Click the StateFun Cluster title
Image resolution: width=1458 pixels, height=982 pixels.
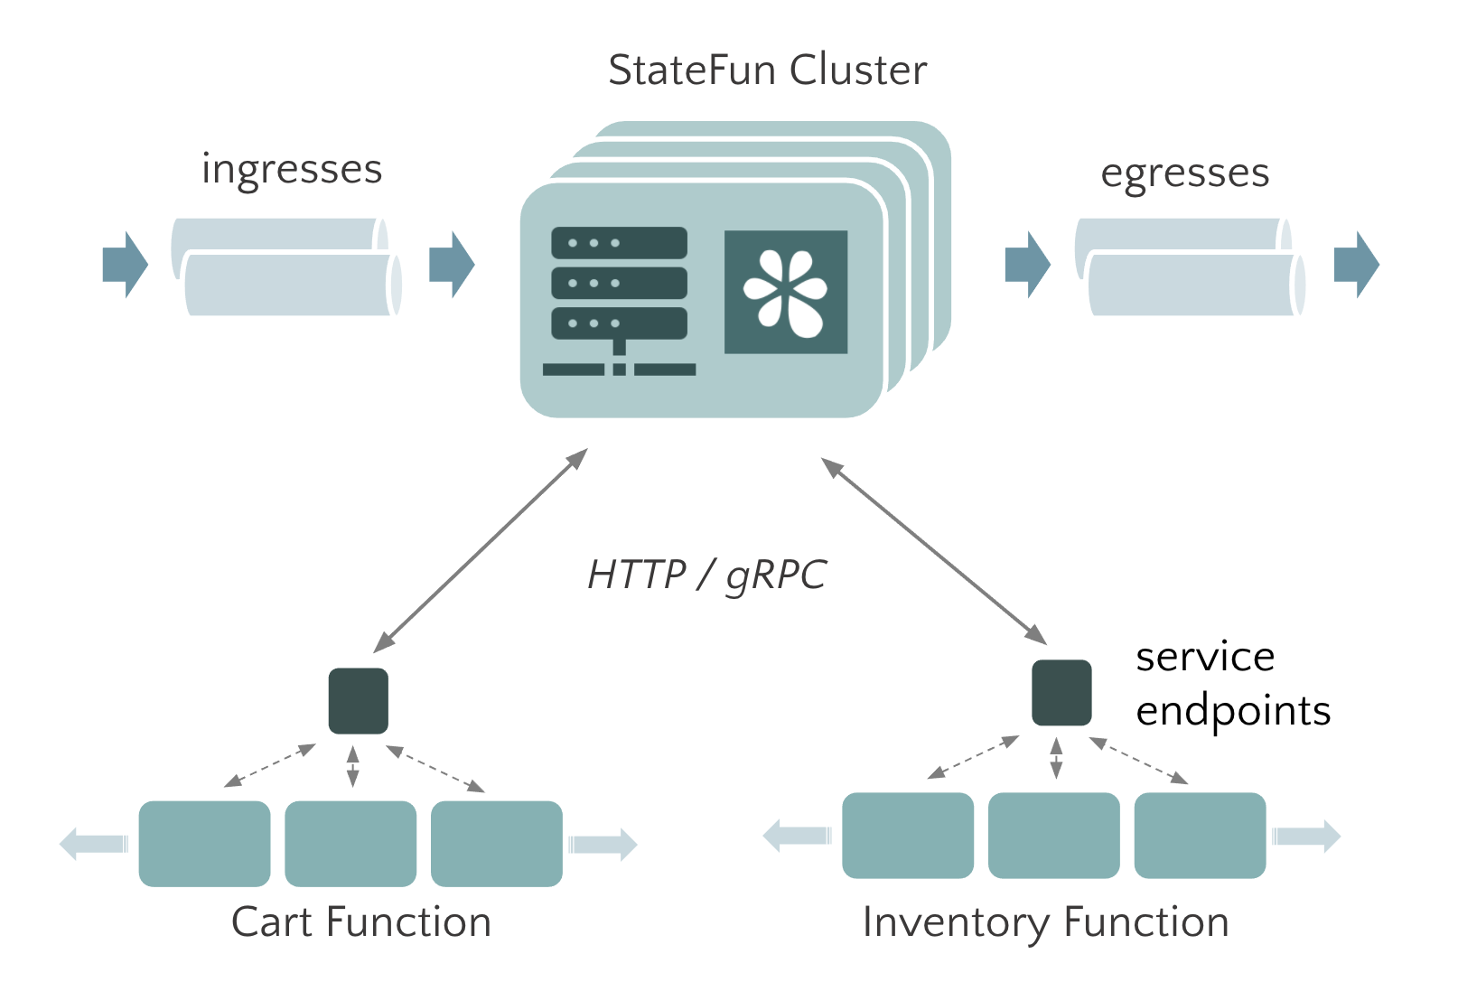tap(767, 70)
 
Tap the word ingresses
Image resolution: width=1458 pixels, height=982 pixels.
tap(292, 170)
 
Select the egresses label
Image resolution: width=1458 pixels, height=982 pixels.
tap(1184, 173)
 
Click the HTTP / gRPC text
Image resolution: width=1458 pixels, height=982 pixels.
tap(706, 575)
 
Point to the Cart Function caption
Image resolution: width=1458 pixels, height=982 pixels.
tap(361, 922)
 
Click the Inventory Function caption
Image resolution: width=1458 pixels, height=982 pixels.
tap(1045, 922)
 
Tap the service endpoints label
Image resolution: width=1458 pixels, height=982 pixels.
tap(1232, 683)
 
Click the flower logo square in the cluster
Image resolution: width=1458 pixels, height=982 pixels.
tap(786, 292)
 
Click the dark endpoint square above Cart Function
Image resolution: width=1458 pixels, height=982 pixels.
tap(359, 701)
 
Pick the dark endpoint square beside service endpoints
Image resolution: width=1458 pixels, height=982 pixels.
tap(1061, 693)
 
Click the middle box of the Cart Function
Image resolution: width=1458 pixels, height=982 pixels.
tap(350, 844)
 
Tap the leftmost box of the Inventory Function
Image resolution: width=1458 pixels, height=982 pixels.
tap(908, 836)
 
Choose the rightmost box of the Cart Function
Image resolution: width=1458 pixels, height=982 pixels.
tap(497, 844)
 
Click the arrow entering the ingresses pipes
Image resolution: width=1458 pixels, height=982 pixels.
tap(125, 265)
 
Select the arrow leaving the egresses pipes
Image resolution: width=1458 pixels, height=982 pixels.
tap(1356, 265)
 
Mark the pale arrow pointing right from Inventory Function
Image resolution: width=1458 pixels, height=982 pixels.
tap(1306, 836)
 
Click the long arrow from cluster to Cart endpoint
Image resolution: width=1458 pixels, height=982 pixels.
tap(481, 550)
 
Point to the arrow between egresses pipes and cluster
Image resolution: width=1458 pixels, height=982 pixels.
tap(1027, 265)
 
